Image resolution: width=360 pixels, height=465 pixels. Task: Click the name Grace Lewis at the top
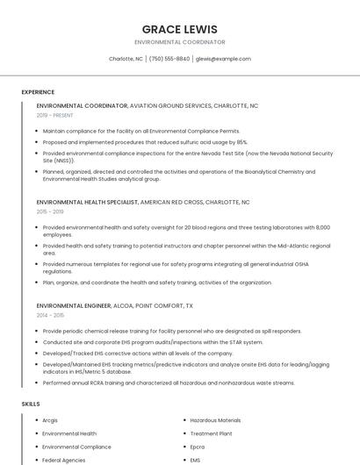[179, 29]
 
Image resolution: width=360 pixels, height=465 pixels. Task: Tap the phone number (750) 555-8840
[169, 59]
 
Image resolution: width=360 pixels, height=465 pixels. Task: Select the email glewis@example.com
[223, 59]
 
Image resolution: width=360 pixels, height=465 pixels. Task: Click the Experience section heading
[38, 92]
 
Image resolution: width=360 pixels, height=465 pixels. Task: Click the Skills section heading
[31, 404]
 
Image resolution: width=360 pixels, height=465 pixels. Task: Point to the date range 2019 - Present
[54, 115]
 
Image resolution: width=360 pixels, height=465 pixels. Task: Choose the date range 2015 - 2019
[50, 211]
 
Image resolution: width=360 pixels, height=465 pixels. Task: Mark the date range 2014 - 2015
[50, 315]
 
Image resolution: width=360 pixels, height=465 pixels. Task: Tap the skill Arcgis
[50, 420]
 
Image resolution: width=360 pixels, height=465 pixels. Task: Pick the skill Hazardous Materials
[215, 420]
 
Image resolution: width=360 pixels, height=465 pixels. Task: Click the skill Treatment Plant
[211, 433]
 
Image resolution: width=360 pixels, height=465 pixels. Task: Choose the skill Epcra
[198, 447]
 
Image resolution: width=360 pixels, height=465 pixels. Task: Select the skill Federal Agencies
[64, 460]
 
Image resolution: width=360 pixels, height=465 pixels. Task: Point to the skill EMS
[196, 460]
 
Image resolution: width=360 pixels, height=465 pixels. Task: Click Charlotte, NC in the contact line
[126, 59]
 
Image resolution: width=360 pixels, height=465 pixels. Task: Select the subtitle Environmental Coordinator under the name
[179, 42]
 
